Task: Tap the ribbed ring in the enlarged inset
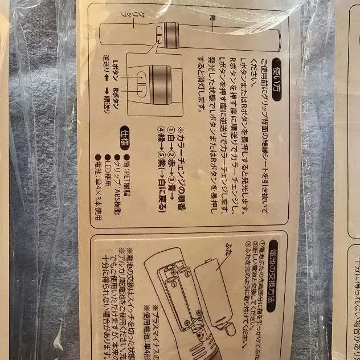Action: click(x=160, y=84)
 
